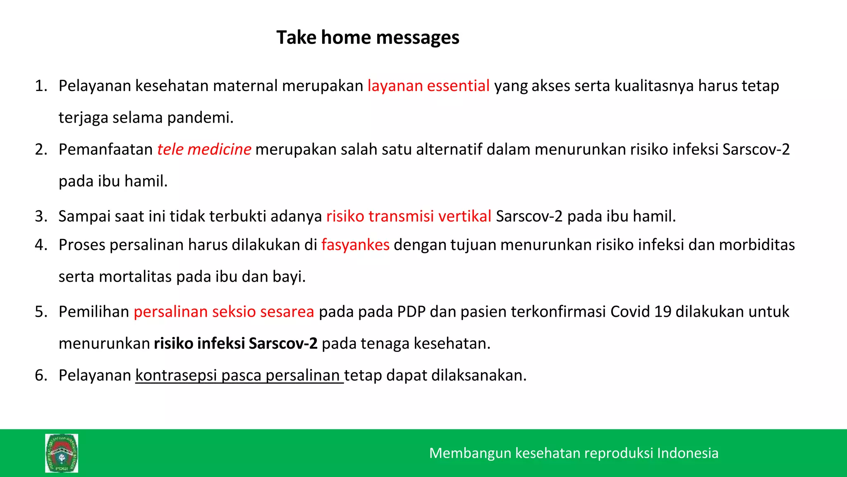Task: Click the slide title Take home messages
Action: point(368,38)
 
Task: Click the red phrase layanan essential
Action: point(428,86)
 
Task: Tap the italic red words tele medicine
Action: point(204,149)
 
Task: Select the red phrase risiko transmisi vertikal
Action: point(409,216)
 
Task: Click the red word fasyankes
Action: point(355,245)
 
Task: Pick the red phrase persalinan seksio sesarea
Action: point(224,311)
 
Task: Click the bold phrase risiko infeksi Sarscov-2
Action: point(236,343)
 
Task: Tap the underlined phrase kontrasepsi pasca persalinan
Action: point(239,375)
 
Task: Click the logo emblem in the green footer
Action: point(62,453)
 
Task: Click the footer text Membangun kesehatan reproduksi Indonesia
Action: point(574,453)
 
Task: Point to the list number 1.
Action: point(41,86)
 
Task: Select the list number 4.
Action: point(41,245)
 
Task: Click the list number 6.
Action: point(41,375)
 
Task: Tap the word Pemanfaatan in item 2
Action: point(106,149)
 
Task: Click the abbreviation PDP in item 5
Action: point(411,311)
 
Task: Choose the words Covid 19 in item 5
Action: point(640,311)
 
